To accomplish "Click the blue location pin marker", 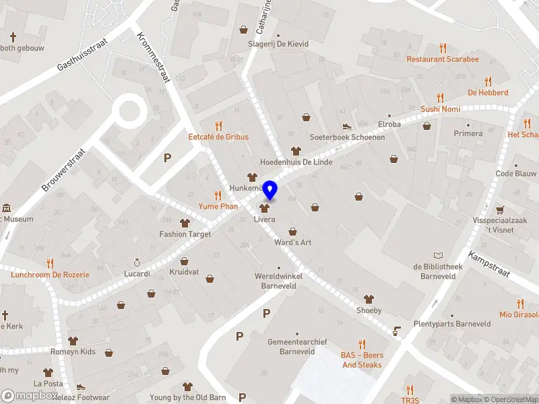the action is click(x=270, y=191).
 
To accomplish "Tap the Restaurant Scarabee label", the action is click(x=442, y=59).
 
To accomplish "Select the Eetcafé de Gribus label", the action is click(x=218, y=137).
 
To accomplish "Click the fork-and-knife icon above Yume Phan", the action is click(x=218, y=195).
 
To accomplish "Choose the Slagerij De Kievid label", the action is click(x=278, y=44).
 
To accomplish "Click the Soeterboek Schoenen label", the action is click(x=347, y=137).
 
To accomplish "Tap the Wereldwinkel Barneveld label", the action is click(x=279, y=280).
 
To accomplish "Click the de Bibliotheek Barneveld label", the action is click(x=438, y=271).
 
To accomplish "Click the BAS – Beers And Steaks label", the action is click(x=362, y=360).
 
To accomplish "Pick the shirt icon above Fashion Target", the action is click(x=185, y=223).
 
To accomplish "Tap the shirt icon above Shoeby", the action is click(x=369, y=299).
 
